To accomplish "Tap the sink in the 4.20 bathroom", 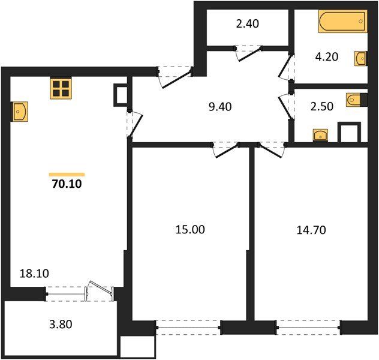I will (361, 58).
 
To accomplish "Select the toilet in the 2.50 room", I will (354, 99).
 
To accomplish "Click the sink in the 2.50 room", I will (321, 135).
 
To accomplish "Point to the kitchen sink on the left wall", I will (20, 111).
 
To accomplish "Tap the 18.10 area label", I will (34, 274).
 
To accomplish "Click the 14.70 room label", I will (311, 229).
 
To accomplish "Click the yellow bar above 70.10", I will (67, 174).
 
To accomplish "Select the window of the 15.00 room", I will (187, 328).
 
